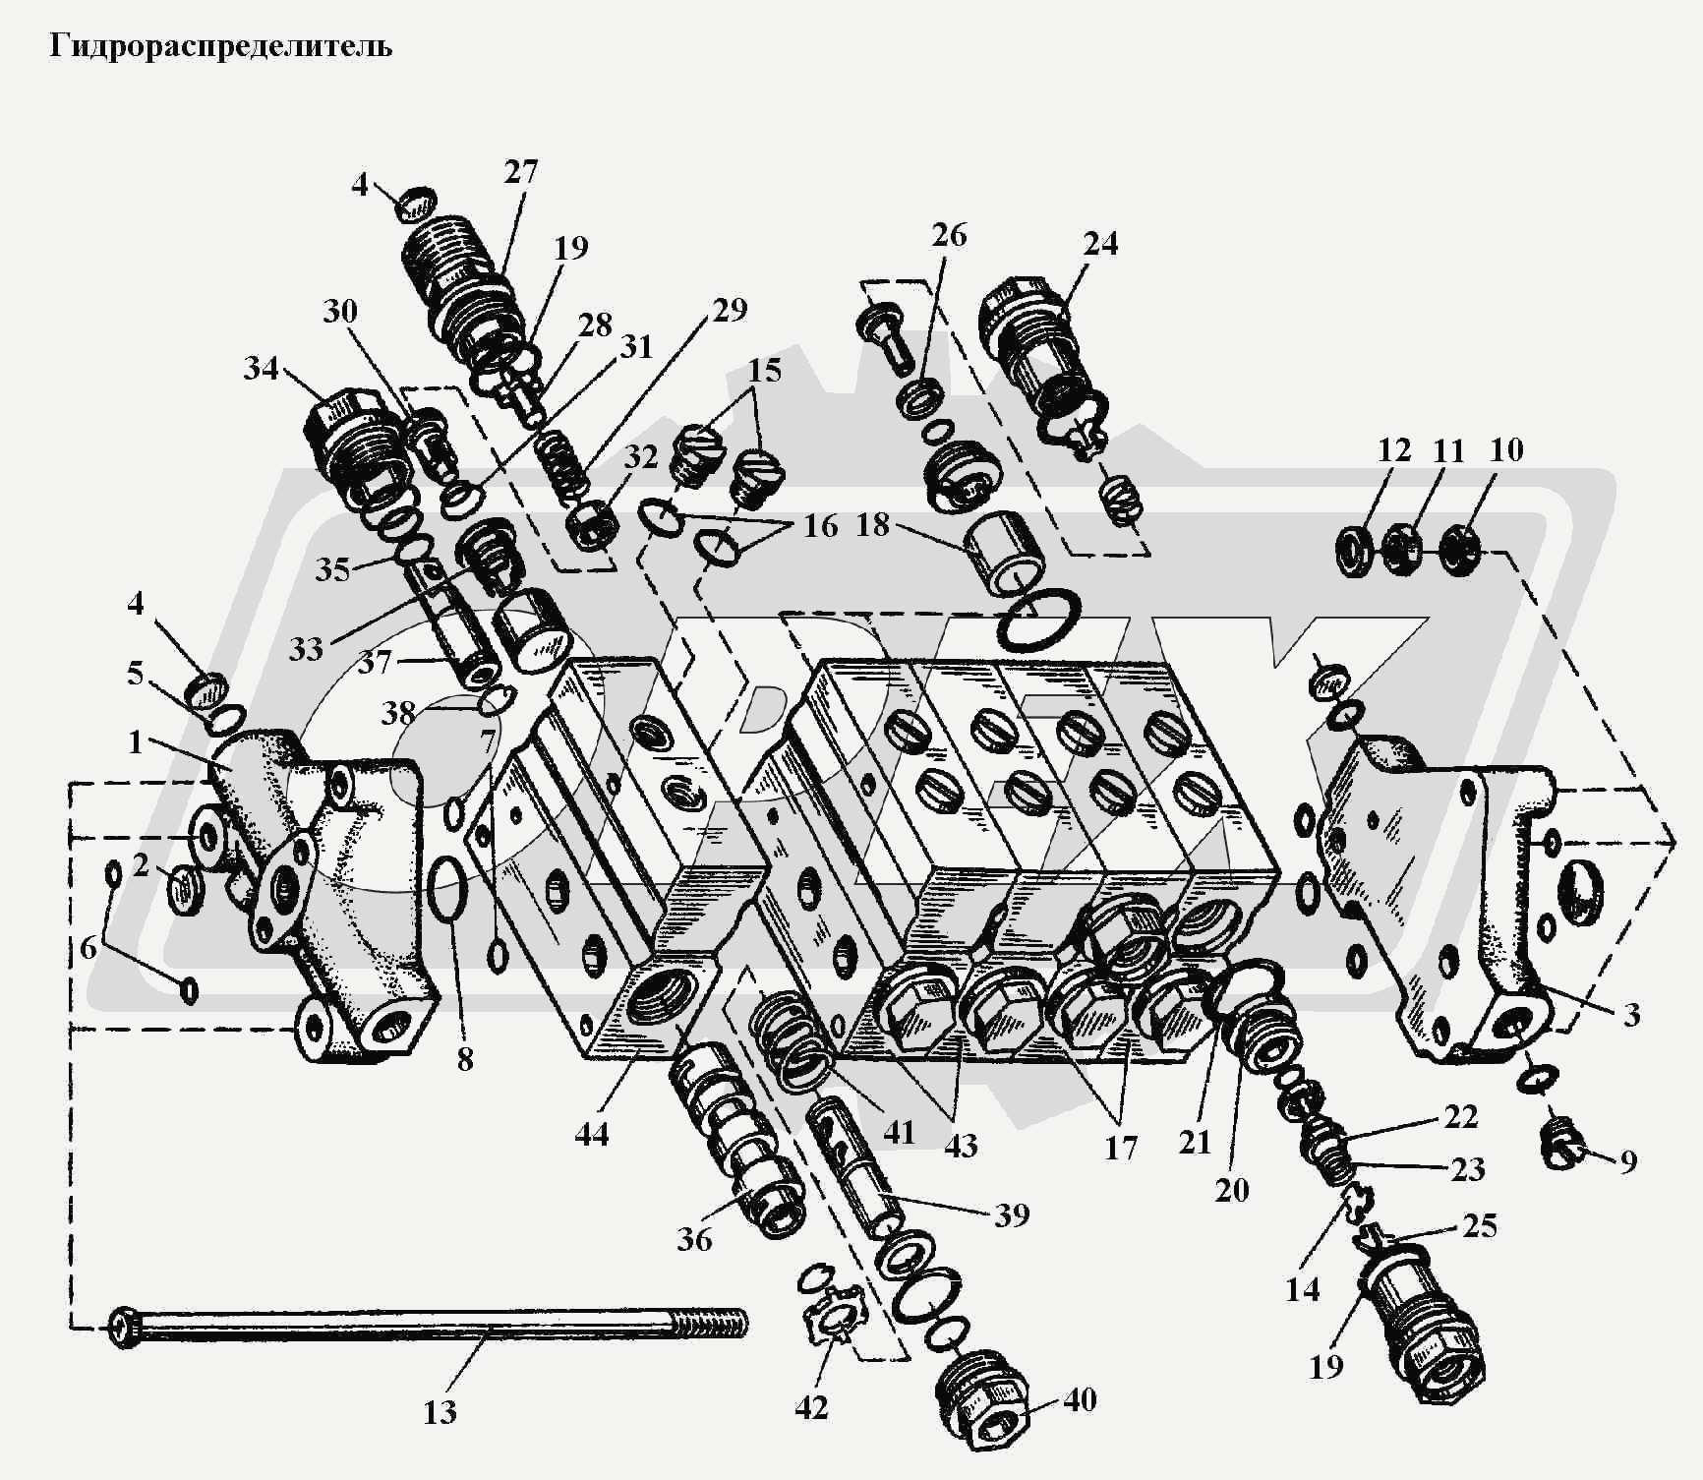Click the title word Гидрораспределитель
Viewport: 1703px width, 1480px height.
(x=220, y=47)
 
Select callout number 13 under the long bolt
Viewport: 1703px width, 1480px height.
(x=440, y=1412)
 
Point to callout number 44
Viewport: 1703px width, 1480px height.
(x=592, y=1134)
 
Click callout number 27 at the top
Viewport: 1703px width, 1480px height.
(x=521, y=172)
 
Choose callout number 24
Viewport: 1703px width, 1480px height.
(x=1100, y=243)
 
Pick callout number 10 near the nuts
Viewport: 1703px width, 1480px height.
(x=1506, y=450)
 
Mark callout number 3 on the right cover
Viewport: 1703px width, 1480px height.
(x=1631, y=1014)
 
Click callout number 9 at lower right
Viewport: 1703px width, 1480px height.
(x=1628, y=1161)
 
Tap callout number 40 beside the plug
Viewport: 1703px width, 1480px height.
(x=1080, y=1399)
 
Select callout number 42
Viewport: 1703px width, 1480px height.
(x=811, y=1408)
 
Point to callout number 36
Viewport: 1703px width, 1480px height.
(x=694, y=1239)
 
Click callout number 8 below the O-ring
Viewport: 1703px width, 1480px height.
(x=465, y=1059)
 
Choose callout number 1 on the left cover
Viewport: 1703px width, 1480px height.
(x=136, y=742)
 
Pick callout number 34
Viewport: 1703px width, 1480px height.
(x=261, y=369)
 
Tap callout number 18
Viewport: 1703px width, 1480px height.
(x=872, y=524)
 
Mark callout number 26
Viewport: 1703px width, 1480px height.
(x=949, y=234)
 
